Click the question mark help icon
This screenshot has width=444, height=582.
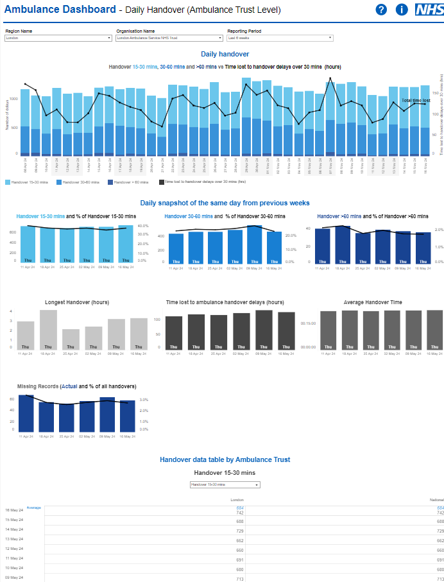coord(381,10)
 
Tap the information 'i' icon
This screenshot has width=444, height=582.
coord(402,10)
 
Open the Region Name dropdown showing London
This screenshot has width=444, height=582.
coord(58,38)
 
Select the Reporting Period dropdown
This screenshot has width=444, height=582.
coord(280,38)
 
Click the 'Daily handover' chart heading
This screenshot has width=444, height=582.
coord(225,55)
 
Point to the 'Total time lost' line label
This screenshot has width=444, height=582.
coord(416,101)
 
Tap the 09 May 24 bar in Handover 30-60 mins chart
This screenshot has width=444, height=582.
coord(254,245)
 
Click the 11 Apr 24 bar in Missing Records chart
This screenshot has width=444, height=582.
coord(26,413)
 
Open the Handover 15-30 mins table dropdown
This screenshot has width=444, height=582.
coord(225,485)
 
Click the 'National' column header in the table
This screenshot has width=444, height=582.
coord(436,499)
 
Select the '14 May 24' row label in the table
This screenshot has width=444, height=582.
coord(14,529)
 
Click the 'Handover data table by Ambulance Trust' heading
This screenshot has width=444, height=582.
coord(225,459)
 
